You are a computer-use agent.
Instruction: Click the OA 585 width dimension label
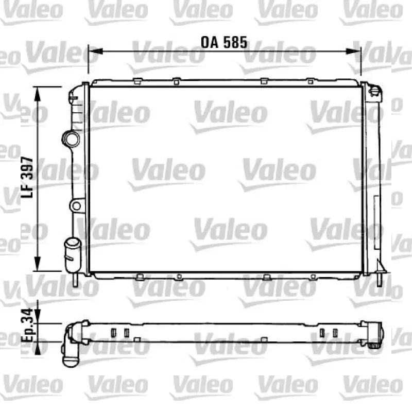[x=224, y=42]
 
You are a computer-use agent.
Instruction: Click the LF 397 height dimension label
[x=27, y=177]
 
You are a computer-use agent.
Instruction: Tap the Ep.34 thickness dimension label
[x=27, y=325]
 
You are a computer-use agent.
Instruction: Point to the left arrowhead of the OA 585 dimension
[x=95, y=51]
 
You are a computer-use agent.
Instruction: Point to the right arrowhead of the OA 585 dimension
[x=353, y=51]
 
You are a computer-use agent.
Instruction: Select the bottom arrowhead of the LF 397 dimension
[x=38, y=264]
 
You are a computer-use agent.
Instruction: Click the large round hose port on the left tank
[x=71, y=139]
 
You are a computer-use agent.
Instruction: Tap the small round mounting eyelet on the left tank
[x=76, y=205]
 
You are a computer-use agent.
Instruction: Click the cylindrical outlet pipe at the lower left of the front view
[x=73, y=255]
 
